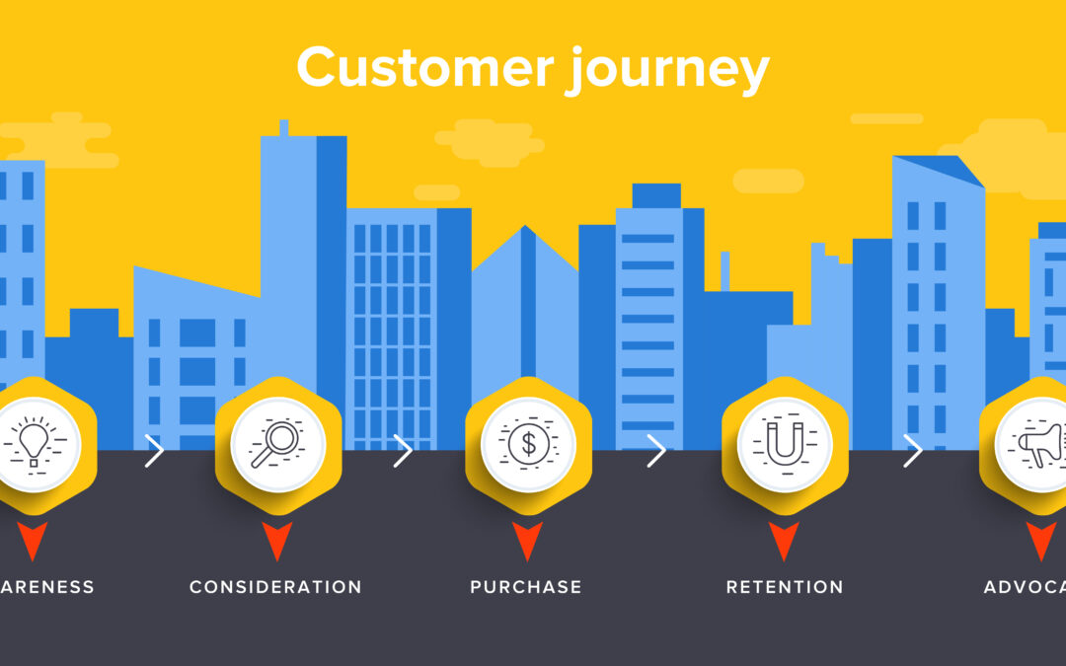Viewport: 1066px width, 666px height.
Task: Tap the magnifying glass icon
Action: coord(277,444)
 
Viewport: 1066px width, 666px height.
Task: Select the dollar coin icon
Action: coord(528,444)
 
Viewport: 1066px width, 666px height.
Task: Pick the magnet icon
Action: coord(785,444)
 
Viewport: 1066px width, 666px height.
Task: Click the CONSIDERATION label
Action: coord(275,587)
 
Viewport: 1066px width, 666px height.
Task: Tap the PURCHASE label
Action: coord(526,587)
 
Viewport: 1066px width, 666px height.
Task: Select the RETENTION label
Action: coord(785,587)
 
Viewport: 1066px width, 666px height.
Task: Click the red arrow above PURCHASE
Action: coord(528,540)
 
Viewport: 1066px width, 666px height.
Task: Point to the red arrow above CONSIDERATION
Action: coord(277,540)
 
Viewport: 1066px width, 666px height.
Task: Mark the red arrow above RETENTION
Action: coord(785,540)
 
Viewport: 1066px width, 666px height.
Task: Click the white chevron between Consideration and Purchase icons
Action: coord(403,452)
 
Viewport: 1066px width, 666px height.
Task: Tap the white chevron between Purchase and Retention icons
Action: coord(656,452)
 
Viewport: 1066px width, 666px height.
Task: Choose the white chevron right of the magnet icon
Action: coord(913,452)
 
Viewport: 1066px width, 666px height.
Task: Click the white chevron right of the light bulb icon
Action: coord(154,452)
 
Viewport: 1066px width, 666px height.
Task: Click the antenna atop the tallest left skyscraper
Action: coord(284,128)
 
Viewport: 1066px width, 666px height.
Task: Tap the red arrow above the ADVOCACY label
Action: coord(1040,540)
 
